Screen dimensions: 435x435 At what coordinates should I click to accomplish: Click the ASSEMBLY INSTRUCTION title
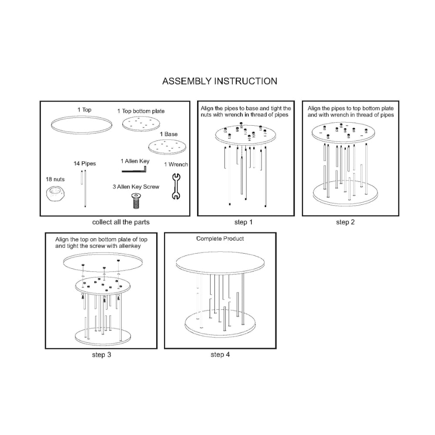(220, 81)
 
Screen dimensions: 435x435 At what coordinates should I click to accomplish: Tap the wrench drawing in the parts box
(176, 187)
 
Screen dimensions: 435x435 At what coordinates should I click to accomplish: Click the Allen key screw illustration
(136, 201)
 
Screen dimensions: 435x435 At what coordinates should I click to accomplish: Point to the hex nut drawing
(56, 194)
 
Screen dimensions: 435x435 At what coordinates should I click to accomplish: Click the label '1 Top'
(84, 110)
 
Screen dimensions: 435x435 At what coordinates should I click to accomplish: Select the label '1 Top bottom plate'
(141, 111)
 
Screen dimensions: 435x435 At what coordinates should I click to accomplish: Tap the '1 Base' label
(169, 134)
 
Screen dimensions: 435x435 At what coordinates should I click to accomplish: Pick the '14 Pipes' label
(85, 164)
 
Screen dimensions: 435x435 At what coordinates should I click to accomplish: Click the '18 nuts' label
(55, 180)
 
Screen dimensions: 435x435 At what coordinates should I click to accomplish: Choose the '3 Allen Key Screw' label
(136, 187)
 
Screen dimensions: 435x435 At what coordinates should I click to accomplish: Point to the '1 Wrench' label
(176, 164)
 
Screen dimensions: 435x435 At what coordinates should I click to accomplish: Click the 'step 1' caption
(244, 222)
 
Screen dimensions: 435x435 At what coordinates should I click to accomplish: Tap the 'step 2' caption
(345, 222)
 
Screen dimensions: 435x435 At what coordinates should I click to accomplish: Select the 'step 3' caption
(101, 355)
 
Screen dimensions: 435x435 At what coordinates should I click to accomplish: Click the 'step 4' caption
(220, 355)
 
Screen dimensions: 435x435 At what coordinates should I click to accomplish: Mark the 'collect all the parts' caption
(121, 222)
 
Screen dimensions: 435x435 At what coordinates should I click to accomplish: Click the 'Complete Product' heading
(220, 238)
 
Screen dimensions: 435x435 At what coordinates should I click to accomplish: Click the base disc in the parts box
(167, 147)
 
